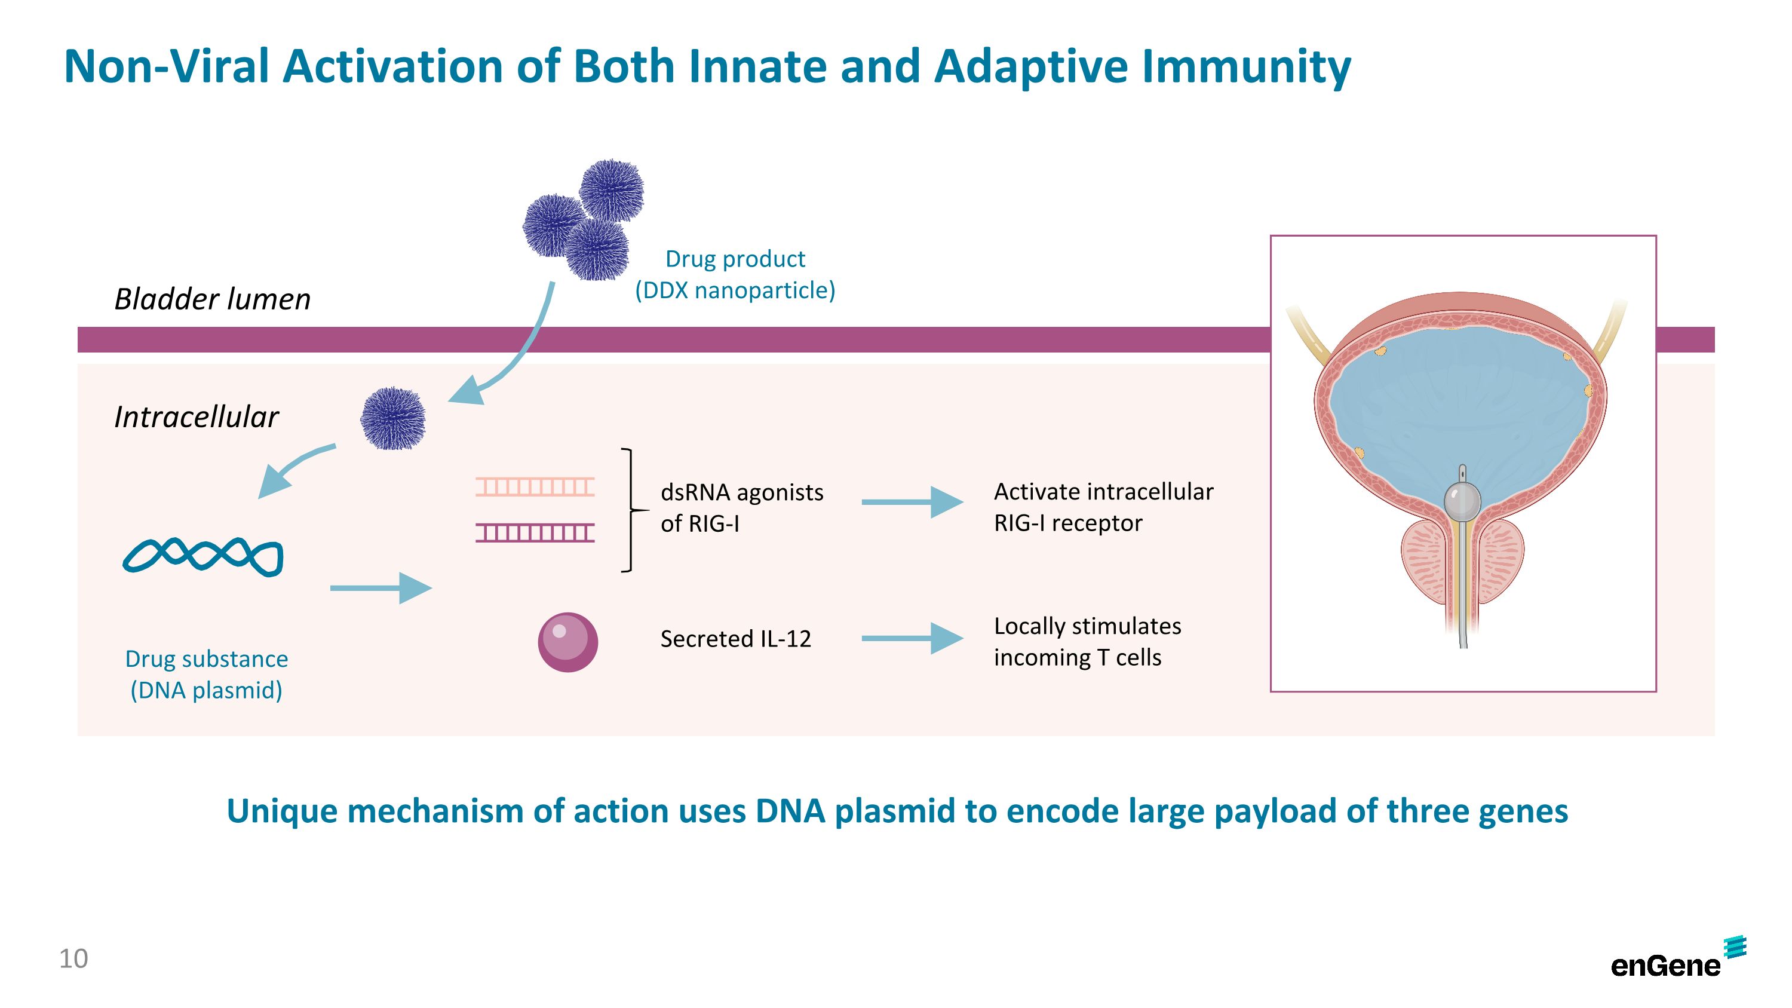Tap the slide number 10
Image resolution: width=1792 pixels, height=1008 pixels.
pos(73,958)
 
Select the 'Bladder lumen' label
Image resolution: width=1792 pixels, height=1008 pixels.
pos(212,299)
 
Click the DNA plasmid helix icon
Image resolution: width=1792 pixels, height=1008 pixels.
pos(203,556)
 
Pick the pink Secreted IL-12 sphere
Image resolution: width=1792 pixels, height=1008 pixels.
pos(567,641)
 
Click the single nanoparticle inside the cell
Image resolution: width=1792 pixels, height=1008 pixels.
pos(393,418)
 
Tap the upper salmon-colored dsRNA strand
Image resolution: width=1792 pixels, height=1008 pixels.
pos(535,486)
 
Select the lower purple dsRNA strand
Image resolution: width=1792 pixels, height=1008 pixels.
pos(535,533)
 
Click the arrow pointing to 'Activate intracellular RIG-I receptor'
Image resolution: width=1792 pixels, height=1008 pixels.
pos(912,501)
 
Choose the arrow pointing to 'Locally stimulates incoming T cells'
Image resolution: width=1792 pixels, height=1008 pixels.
pos(912,638)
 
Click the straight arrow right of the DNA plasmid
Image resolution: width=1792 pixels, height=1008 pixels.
pos(380,588)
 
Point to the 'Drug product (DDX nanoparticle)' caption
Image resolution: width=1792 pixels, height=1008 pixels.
pos(735,274)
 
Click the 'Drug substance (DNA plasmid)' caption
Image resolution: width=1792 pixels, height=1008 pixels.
pos(207,674)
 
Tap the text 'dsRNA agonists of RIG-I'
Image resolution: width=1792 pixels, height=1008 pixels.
pos(741,508)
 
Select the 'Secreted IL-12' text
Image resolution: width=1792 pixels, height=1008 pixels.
pos(735,639)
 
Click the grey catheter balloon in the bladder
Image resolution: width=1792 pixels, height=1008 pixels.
pos(1461,499)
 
